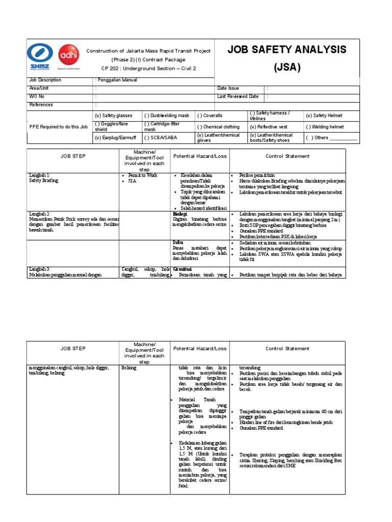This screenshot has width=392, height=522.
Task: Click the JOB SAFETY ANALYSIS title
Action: click(287, 49)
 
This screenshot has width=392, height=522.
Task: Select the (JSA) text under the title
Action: click(287, 67)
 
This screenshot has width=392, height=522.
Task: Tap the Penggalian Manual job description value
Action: click(117, 80)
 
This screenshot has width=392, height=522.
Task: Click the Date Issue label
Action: click(228, 88)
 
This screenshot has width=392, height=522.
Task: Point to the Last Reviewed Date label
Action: click(238, 96)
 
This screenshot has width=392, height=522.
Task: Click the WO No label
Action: click(37, 96)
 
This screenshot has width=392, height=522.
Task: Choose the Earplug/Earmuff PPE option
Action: click(114, 138)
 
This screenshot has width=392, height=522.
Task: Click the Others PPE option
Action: click(331, 138)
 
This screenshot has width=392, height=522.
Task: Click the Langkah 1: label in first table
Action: click(39, 175)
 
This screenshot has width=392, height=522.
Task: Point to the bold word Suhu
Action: click(178, 242)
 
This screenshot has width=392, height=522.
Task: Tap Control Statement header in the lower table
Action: click(287, 349)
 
